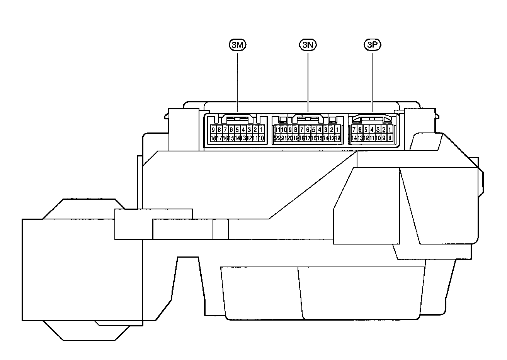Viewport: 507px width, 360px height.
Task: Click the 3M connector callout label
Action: [x=237, y=45]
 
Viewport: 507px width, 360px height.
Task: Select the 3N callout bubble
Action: [x=308, y=45]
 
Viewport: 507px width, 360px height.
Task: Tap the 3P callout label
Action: [x=372, y=45]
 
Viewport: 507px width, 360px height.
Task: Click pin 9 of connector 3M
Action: [x=213, y=129]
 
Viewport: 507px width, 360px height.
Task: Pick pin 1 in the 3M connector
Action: [x=261, y=129]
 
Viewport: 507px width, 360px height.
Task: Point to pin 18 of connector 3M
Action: [x=213, y=138]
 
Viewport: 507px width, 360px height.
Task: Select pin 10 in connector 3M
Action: [x=261, y=138]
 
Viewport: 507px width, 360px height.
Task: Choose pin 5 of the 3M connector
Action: [x=237, y=129]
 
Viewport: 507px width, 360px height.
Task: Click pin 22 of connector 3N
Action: [x=277, y=138]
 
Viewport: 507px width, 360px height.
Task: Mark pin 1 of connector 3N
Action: [x=338, y=129]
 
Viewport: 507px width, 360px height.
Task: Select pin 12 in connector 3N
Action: [x=338, y=138]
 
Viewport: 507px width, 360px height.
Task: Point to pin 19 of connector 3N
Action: [x=295, y=138]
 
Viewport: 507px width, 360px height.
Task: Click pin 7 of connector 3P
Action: [x=354, y=129]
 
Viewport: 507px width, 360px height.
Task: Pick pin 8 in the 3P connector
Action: [x=390, y=138]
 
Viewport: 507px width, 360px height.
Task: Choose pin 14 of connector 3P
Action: [x=354, y=138]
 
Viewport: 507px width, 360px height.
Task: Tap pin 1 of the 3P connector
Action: [x=390, y=129]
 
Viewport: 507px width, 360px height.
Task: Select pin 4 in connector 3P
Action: [x=372, y=129]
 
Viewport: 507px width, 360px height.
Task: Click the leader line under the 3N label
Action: [x=308, y=81]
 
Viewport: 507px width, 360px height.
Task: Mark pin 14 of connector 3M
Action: [x=237, y=138]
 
